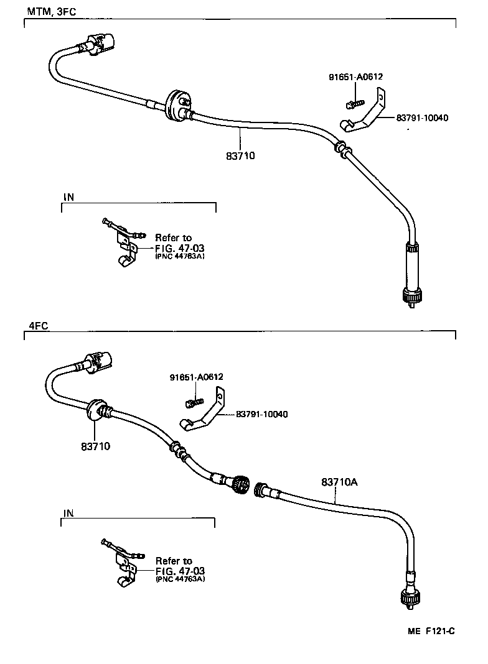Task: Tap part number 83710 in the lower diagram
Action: (95, 446)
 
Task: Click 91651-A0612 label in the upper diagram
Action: (355, 77)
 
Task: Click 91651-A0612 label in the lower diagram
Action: (196, 377)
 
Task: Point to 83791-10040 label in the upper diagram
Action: (422, 118)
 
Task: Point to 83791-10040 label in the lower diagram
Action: (261, 415)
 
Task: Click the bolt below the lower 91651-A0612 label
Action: (194, 402)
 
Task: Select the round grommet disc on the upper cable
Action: (175, 103)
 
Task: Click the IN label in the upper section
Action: (68, 197)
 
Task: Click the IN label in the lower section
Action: (68, 513)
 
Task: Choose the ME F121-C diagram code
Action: (431, 631)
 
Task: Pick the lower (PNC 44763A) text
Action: (181, 579)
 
